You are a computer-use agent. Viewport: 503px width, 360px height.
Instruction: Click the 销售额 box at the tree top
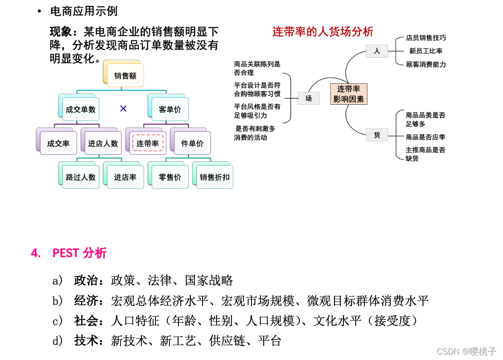125,76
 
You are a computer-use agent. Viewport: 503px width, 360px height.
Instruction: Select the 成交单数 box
80,109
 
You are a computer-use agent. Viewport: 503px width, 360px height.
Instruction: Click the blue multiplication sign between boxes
123,108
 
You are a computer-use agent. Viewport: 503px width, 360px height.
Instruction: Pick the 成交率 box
58,143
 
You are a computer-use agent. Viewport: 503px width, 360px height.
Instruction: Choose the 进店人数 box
102,143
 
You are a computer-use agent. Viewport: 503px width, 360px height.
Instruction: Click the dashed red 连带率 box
148,143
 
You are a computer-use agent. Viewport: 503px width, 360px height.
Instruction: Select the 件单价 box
192,143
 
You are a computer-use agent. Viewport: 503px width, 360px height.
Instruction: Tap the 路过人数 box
81,177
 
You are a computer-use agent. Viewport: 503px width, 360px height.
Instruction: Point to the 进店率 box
125,177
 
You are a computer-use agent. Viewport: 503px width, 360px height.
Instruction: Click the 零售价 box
170,177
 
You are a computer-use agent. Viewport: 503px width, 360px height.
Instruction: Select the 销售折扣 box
214,177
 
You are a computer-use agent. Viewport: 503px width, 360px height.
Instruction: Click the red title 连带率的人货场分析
323,31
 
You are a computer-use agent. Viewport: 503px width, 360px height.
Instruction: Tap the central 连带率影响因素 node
348,94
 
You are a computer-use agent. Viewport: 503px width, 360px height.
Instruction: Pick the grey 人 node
377,51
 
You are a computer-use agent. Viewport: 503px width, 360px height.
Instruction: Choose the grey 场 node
309,98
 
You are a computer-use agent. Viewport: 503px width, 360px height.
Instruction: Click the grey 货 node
377,135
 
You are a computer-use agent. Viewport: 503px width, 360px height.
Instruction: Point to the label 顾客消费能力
426,64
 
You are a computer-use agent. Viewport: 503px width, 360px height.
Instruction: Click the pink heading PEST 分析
79,253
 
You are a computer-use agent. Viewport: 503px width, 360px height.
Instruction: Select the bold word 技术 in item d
86,341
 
